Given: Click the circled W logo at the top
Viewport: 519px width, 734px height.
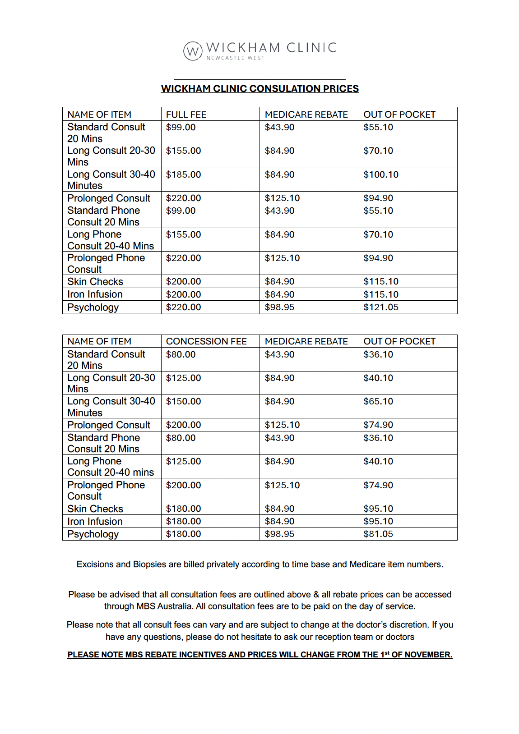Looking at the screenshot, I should (x=193, y=51).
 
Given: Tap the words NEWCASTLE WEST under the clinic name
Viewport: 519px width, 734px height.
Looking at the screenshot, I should (x=236, y=58).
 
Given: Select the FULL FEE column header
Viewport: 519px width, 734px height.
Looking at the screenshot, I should (x=186, y=115).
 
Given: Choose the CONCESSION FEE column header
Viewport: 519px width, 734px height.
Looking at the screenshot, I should (x=206, y=341).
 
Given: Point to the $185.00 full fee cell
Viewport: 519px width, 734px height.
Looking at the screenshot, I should (x=183, y=174).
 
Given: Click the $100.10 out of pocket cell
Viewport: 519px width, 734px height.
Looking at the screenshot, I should (x=381, y=174).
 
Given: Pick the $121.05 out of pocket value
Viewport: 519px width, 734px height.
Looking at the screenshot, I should (x=381, y=307).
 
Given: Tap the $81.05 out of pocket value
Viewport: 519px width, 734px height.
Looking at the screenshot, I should (x=378, y=534).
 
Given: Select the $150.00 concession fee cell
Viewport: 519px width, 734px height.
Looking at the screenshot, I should (x=183, y=401).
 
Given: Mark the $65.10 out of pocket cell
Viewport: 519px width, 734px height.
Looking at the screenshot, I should (x=378, y=401).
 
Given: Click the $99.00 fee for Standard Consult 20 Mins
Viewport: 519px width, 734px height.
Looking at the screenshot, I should (x=181, y=127).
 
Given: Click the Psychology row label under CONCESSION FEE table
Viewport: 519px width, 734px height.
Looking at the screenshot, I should (x=93, y=534).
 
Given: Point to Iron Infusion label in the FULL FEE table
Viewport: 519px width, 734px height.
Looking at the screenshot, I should (x=95, y=294).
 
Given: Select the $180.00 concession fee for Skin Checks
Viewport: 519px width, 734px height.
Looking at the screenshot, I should (x=183, y=509).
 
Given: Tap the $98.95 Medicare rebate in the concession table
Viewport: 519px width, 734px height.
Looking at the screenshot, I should (x=279, y=534).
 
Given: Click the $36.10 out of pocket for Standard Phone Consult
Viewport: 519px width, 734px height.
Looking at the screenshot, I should (x=378, y=438).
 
